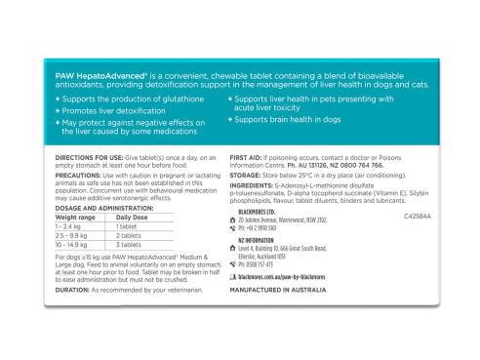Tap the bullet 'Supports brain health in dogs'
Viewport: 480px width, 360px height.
coord(288,119)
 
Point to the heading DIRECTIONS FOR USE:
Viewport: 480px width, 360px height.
coord(89,157)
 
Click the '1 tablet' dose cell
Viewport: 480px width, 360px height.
coord(130,226)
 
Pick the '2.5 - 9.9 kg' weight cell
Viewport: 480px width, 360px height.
coord(75,235)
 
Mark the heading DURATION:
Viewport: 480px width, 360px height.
coord(72,290)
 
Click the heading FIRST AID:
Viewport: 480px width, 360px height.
coord(248,157)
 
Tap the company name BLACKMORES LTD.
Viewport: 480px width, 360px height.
coord(262,211)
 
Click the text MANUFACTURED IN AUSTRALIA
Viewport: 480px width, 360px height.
coord(278,291)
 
